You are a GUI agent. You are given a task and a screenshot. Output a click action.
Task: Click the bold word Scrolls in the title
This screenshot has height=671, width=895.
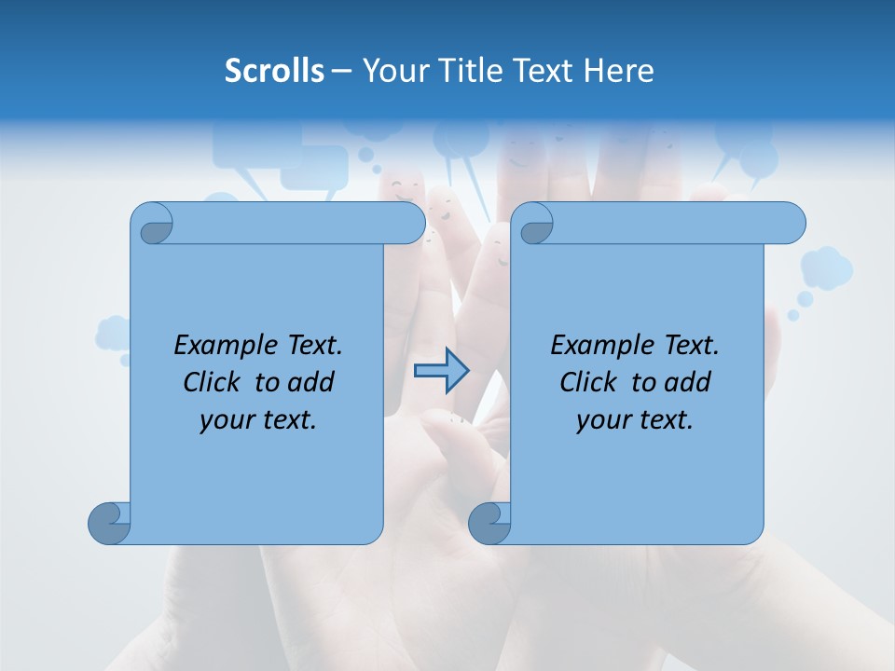pyautogui.click(x=274, y=71)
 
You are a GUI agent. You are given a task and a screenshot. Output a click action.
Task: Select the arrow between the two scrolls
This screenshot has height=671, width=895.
pyautogui.click(x=441, y=371)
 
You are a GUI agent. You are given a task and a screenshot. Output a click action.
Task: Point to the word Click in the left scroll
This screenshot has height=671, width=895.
pyautogui.click(x=215, y=382)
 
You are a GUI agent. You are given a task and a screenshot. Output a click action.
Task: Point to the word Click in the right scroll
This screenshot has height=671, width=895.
pyautogui.click(x=592, y=382)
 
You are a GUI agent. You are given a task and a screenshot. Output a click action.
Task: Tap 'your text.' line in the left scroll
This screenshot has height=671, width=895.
pyautogui.click(x=258, y=420)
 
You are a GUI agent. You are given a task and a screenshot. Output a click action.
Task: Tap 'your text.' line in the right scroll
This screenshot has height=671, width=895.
pyautogui.click(x=635, y=420)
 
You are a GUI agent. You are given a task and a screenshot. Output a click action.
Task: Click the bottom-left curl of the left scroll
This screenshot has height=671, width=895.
pyautogui.click(x=109, y=522)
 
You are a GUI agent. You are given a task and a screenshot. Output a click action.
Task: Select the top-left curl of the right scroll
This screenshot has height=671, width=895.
pyautogui.click(x=534, y=224)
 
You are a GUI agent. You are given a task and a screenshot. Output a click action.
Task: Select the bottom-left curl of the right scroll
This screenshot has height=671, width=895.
pyautogui.click(x=489, y=522)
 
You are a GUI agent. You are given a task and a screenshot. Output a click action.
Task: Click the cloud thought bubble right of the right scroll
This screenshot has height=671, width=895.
pyautogui.click(x=826, y=268)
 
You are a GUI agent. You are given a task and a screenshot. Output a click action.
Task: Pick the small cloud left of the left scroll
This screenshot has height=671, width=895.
pyautogui.click(x=113, y=334)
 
